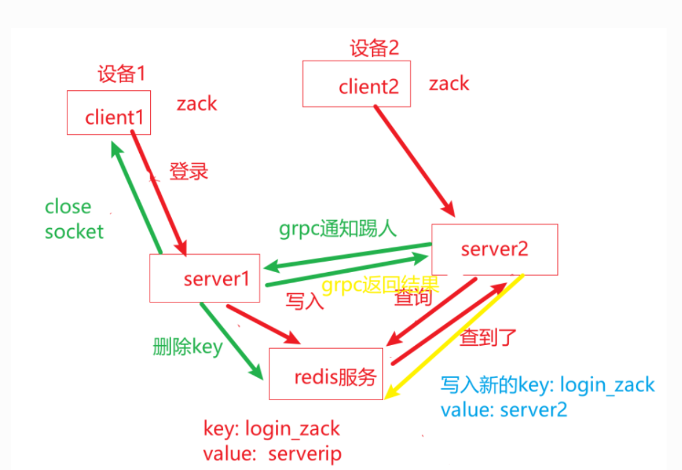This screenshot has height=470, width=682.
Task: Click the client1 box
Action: tap(109, 113)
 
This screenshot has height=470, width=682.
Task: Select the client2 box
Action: tap(357, 83)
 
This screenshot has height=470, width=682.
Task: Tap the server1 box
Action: tap(205, 278)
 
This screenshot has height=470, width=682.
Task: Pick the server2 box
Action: tap(495, 249)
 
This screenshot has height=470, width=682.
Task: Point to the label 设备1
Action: tap(121, 75)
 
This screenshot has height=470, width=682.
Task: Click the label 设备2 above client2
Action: tap(374, 48)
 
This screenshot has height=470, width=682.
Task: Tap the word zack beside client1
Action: tap(197, 103)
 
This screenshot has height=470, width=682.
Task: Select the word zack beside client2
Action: tap(449, 83)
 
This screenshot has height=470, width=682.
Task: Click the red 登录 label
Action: tap(189, 171)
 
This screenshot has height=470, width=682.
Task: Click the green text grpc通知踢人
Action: tap(338, 228)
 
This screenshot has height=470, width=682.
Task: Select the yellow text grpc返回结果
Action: tap(380, 285)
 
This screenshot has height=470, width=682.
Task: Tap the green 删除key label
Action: tap(187, 346)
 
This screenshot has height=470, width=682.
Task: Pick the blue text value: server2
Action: tap(503, 409)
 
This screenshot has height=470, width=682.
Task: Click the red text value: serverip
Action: tap(272, 454)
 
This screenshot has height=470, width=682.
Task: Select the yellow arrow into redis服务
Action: tap(454, 336)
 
